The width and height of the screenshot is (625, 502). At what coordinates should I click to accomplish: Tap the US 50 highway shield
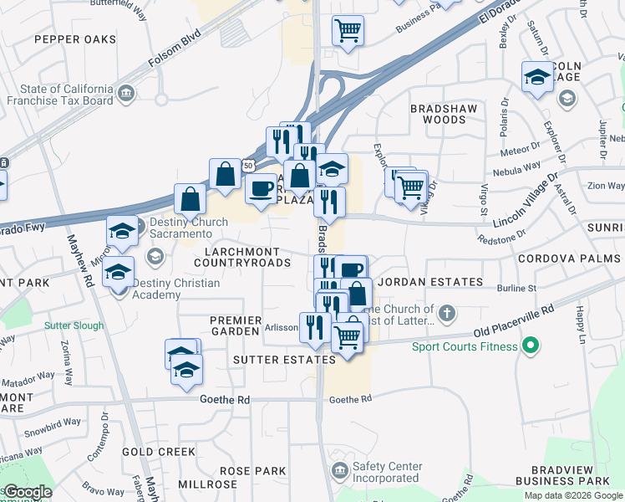pos(248,166)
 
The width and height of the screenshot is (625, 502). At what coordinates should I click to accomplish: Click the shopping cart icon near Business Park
pos(348,32)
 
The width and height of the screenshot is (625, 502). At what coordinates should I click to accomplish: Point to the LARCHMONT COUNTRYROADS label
pos(241,257)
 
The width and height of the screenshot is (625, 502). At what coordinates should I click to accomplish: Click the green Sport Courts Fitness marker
pos(529,345)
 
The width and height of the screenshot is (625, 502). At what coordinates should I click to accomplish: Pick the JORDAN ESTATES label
pos(429,282)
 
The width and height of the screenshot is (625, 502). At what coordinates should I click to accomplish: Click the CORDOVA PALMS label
pos(571,259)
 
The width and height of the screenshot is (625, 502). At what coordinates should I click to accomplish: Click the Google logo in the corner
pos(28,492)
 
